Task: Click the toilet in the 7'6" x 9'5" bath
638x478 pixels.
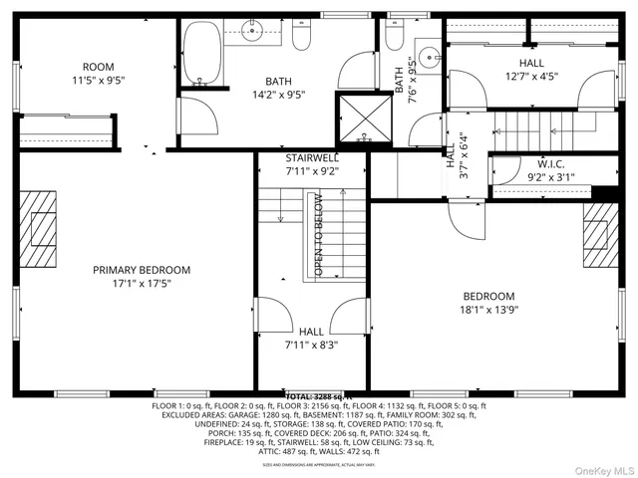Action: pos(394,38)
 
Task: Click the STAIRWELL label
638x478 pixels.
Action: pos(312,157)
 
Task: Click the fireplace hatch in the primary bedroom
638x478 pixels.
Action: pos(42,228)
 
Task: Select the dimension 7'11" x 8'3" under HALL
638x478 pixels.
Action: pos(311,346)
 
